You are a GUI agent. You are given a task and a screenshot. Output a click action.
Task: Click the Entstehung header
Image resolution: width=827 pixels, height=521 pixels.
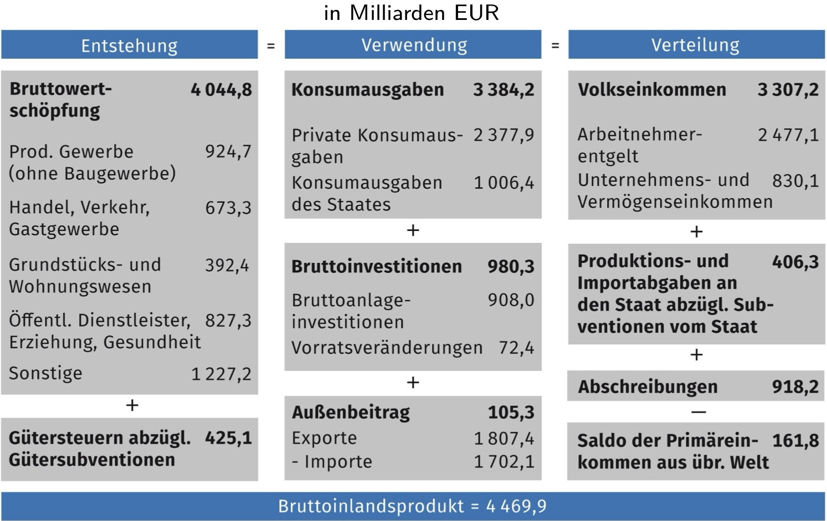[129, 45]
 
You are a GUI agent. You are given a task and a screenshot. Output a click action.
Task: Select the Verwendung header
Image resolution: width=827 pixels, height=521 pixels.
[414, 45]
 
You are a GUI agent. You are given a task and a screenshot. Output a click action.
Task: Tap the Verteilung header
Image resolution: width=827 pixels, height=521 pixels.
[695, 45]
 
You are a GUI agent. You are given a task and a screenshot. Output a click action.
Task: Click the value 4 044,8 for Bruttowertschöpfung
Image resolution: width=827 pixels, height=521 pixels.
[221, 90]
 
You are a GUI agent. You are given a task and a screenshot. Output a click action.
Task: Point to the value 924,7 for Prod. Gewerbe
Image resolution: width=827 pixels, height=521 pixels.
[228, 152]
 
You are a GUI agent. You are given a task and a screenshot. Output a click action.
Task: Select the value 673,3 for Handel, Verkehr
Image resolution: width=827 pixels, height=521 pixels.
[228, 208]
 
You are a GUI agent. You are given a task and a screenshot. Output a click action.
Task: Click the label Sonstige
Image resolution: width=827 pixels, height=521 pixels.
[45, 374]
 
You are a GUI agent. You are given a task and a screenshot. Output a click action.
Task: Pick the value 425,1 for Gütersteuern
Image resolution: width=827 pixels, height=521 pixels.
[228, 438]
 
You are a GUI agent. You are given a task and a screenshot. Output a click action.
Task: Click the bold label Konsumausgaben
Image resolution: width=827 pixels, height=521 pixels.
[367, 90]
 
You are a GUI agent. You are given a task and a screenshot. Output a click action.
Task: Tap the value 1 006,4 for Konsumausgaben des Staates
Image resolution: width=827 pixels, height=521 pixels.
[504, 183]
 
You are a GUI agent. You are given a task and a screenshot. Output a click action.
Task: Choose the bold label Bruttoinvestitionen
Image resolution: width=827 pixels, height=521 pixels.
[376, 267]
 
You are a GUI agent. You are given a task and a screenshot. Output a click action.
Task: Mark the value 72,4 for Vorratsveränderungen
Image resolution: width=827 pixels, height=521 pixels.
[516, 348]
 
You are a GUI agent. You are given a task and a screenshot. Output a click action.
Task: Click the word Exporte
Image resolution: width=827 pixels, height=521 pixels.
[324, 439]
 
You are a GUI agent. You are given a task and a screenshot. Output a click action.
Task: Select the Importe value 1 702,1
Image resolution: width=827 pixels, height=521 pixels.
[504, 462]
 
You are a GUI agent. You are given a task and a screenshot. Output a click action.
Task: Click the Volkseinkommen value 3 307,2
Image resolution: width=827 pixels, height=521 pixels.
[788, 90]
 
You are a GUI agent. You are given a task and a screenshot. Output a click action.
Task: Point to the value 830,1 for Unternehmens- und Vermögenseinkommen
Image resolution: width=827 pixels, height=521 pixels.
[795, 181]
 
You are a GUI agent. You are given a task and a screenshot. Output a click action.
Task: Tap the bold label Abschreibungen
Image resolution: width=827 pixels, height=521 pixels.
[648, 387]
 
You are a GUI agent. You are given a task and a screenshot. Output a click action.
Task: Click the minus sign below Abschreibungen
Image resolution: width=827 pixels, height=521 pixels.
[698, 412]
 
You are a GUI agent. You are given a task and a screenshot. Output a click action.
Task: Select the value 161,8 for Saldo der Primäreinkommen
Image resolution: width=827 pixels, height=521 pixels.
[795, 441]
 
